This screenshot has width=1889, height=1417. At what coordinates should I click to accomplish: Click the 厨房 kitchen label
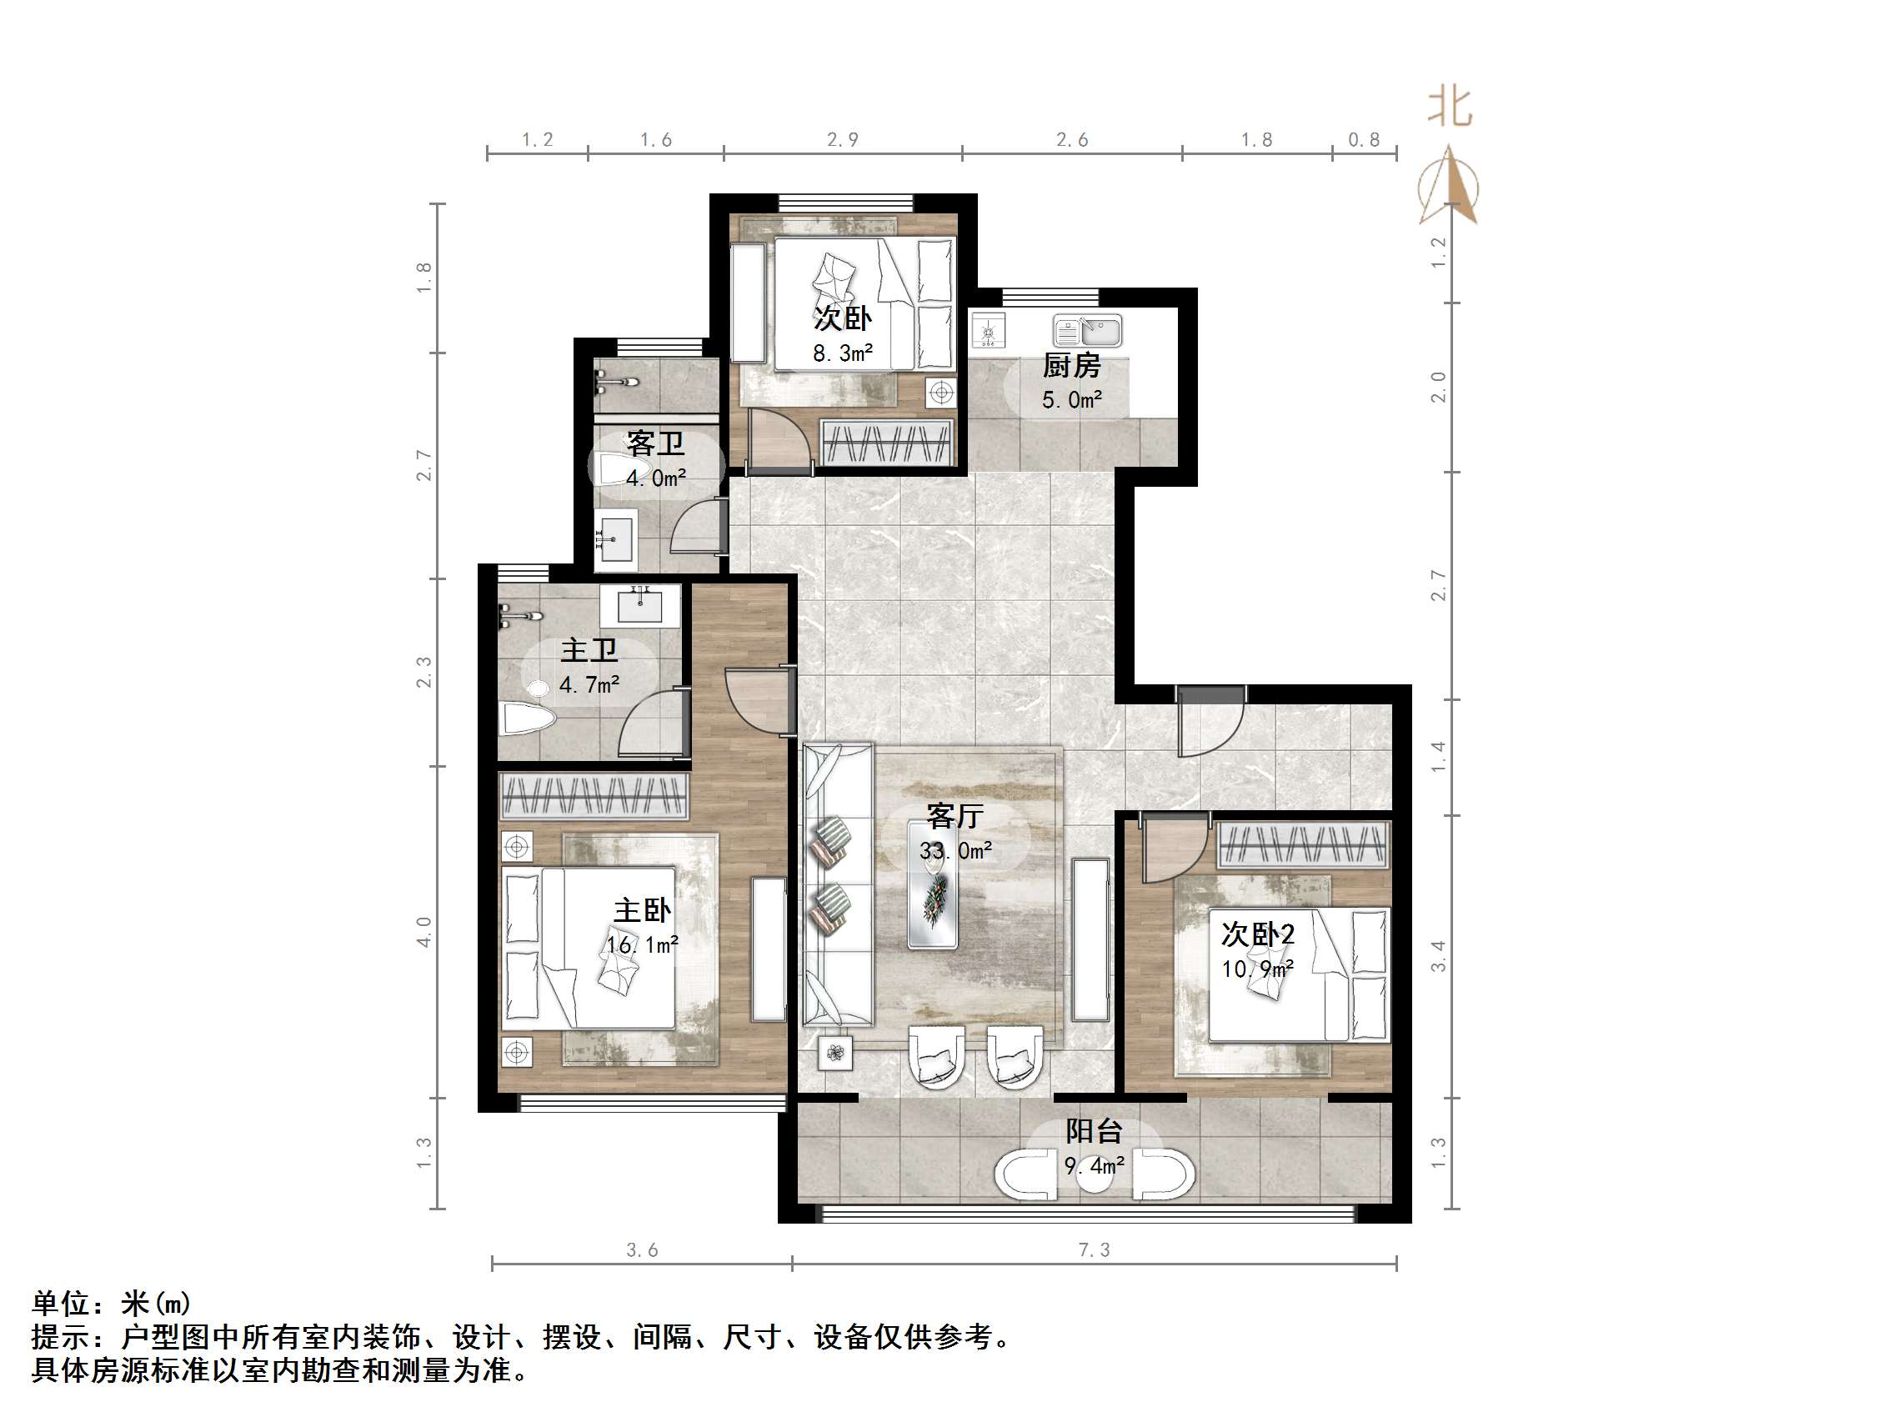pos(1071,366)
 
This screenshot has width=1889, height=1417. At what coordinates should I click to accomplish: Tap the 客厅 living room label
pos(955,816)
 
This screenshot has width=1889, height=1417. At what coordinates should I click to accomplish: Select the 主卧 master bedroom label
pos(642,909)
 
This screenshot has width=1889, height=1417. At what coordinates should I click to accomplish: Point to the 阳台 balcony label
pos(1093,1131)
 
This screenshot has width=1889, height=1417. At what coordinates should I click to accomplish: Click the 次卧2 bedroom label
pos(1257,934)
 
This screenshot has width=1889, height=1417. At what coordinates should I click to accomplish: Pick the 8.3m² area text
pos(842,353)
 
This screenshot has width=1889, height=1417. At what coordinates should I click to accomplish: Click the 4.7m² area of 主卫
pos(589,684)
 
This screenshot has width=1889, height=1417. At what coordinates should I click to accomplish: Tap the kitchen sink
pos(1087,330)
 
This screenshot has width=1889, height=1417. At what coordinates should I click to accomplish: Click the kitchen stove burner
pos(990,331)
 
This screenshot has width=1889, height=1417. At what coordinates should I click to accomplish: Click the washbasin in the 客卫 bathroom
pos(615,538)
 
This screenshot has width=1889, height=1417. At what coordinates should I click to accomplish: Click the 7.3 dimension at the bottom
pos(1093,1250)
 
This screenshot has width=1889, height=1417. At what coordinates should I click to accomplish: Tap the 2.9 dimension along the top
pos(842,140)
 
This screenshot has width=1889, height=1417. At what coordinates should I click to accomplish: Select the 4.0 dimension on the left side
pos(424,931)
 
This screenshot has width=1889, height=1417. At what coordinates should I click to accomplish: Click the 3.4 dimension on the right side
pos(1438,956)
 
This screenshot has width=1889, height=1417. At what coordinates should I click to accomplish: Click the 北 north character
pos(1450,108)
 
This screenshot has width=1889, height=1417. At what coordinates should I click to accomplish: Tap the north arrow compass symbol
pos(1448,187)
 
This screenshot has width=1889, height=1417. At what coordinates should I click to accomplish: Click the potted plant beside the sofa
pos(835,1053)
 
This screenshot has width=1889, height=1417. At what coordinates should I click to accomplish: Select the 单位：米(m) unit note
pos(111,1304)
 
